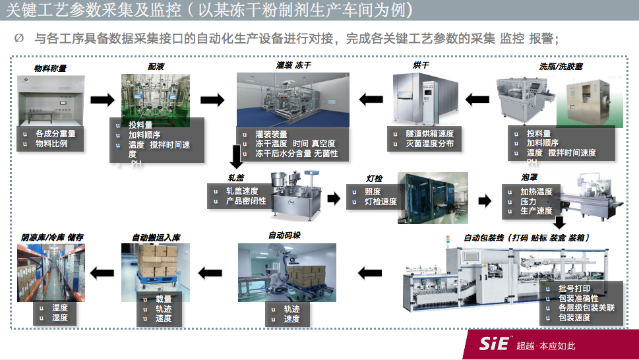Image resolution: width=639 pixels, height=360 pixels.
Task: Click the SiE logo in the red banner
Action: click(495, 345)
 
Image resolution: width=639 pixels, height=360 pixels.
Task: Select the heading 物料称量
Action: click(51, 68)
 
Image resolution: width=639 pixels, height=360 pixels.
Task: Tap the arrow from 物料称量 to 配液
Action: click(102, 100)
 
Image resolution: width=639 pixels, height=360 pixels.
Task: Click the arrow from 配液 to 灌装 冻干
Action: click(212, 100)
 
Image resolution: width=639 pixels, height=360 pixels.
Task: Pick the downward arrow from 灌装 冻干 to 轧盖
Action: click(235, 157)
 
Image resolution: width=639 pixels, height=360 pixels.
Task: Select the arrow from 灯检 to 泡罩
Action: click(485, 200)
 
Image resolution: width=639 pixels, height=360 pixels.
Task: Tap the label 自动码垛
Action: click(285, 235)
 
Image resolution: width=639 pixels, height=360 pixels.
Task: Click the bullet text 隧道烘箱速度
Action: click(429, 133)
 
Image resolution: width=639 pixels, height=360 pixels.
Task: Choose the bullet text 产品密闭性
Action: click(246, 200)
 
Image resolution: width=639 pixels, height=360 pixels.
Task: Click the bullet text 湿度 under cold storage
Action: click(60, 317)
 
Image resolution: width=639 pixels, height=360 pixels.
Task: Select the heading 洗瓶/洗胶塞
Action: click(561, 67)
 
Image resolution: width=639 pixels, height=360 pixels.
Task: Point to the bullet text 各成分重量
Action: click(55, 133)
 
